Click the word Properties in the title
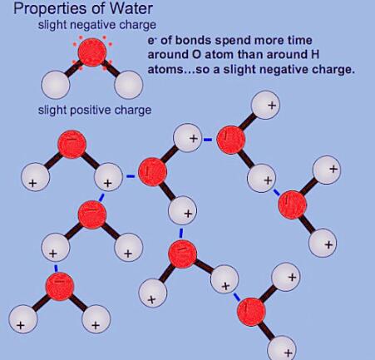point(50,9)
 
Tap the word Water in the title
point(131,8)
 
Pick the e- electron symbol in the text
point(151,41)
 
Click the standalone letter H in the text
point(314,54)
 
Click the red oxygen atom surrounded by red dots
point(92,52)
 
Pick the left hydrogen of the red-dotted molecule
point(55,85)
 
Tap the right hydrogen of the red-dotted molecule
point(129,85)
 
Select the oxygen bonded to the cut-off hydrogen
point(251,312)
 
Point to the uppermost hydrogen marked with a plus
point(265,105)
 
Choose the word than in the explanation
point(250,54)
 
